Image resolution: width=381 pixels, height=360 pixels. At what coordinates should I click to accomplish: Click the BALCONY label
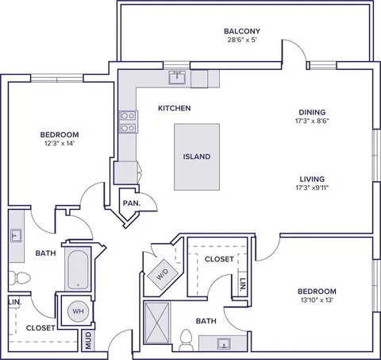point(242,31)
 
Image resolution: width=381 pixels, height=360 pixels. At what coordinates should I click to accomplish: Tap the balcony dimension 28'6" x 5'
point(242,40)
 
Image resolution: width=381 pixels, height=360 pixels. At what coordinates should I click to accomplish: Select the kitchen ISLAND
point(197,157)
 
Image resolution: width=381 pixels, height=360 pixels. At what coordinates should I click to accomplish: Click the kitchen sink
point(177,77)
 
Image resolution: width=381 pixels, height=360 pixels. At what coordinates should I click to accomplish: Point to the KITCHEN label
point(175,108)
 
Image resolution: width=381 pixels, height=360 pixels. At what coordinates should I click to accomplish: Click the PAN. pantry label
point(132,203)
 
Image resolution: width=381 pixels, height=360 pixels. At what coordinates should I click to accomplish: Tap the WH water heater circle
point(78,311)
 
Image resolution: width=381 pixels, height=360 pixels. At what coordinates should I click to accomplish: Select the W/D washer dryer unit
point(162,274)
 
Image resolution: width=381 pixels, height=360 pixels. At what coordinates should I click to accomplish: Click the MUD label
point(88,340)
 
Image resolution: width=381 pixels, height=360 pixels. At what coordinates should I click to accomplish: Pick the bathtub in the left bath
point(78,269)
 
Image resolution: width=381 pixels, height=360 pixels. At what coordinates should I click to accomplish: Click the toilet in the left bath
point(19,278)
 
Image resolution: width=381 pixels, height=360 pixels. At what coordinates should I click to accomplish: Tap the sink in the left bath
point(16,236)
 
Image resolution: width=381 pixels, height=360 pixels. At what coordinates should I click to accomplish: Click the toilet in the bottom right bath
point(186,340)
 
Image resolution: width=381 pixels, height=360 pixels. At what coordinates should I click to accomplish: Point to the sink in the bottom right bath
point(224,343)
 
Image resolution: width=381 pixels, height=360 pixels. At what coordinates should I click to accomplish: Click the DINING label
point(312,112)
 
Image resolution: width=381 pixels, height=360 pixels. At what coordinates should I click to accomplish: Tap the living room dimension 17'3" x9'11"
point(312,188)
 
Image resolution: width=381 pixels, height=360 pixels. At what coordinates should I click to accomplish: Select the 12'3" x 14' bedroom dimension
point(60,144)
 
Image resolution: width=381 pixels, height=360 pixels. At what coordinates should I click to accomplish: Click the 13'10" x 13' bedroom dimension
point(317,300)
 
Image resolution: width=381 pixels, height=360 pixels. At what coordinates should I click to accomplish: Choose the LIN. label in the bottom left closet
point(14,302)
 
